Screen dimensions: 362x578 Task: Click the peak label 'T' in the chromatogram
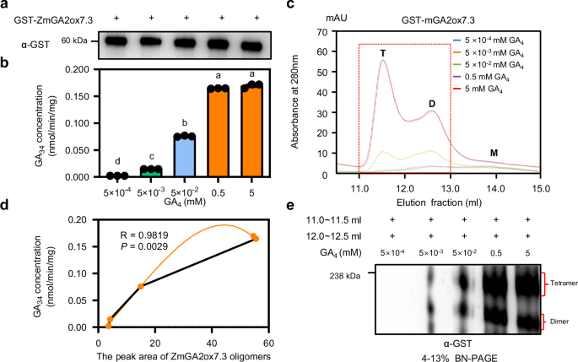pyautogui.click(x=383, y=54)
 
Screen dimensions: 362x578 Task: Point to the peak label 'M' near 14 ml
pyautogui.click(x=494, y=153)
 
